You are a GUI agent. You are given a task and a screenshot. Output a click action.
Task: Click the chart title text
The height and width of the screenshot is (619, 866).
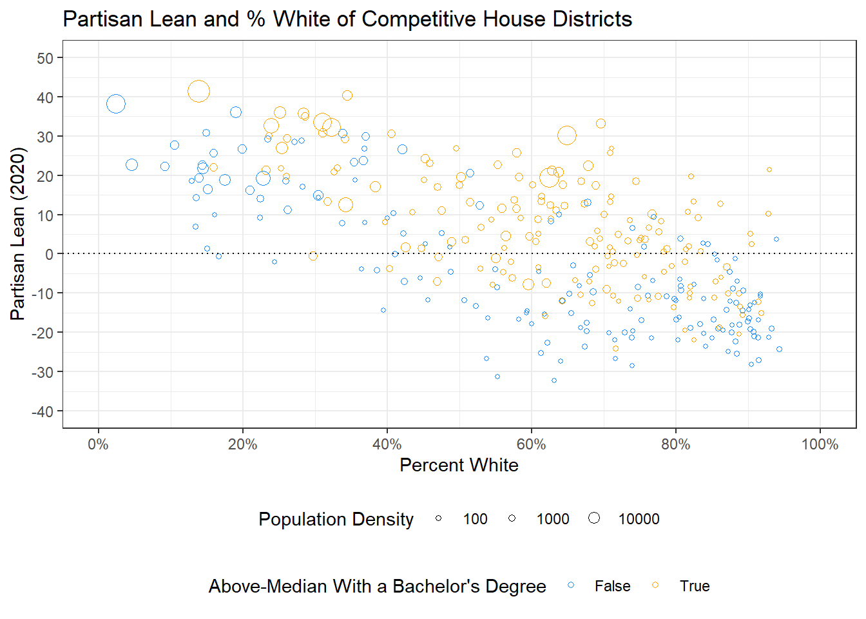[x=347, y=19]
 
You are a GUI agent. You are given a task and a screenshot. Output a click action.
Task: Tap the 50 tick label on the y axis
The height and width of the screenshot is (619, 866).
[x=45, y=58]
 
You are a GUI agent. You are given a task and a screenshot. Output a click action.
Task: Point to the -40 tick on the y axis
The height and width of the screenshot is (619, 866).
[x=45, y=411]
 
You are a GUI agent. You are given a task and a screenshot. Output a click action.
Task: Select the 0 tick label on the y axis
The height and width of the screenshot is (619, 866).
[x=50, y=254]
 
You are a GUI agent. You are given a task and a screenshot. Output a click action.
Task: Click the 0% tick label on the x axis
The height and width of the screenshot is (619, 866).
[x=99, y=444]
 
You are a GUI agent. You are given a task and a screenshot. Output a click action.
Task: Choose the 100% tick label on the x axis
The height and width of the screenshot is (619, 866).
[x=820, y=444]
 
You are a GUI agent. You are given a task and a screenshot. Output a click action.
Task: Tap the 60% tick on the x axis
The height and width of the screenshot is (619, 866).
[x=532, y=444]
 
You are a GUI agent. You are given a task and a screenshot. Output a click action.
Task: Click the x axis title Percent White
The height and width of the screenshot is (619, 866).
[x=459, y=465]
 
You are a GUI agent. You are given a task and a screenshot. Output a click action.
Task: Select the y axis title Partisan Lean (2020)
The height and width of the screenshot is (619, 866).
[x=18, y=234]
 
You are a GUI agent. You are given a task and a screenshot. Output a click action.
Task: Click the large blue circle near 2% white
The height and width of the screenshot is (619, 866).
[x=116, y=104]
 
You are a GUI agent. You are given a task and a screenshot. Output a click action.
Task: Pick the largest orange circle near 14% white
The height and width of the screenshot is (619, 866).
[x=198, y=92]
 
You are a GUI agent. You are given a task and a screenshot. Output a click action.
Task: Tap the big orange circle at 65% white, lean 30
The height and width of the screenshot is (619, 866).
[x=567, y=135]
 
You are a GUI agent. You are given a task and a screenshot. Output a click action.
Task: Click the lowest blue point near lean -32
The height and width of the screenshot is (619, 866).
[x=554, y=380]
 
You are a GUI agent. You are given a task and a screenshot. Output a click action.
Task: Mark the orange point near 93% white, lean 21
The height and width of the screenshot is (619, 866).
[x=769, y=170]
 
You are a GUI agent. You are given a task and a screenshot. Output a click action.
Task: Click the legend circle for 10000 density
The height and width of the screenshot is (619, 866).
[x=594, y=518]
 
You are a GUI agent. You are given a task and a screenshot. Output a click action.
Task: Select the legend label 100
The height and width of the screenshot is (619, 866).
[x=475, y=519]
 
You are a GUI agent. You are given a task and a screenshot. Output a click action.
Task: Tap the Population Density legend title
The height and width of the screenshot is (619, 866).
[x=336, y=519]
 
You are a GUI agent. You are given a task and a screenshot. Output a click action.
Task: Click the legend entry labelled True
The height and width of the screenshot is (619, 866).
[x=694, y=586]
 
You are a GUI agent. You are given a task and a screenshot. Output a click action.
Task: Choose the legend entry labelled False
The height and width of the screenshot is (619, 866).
[x=612, y=586]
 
